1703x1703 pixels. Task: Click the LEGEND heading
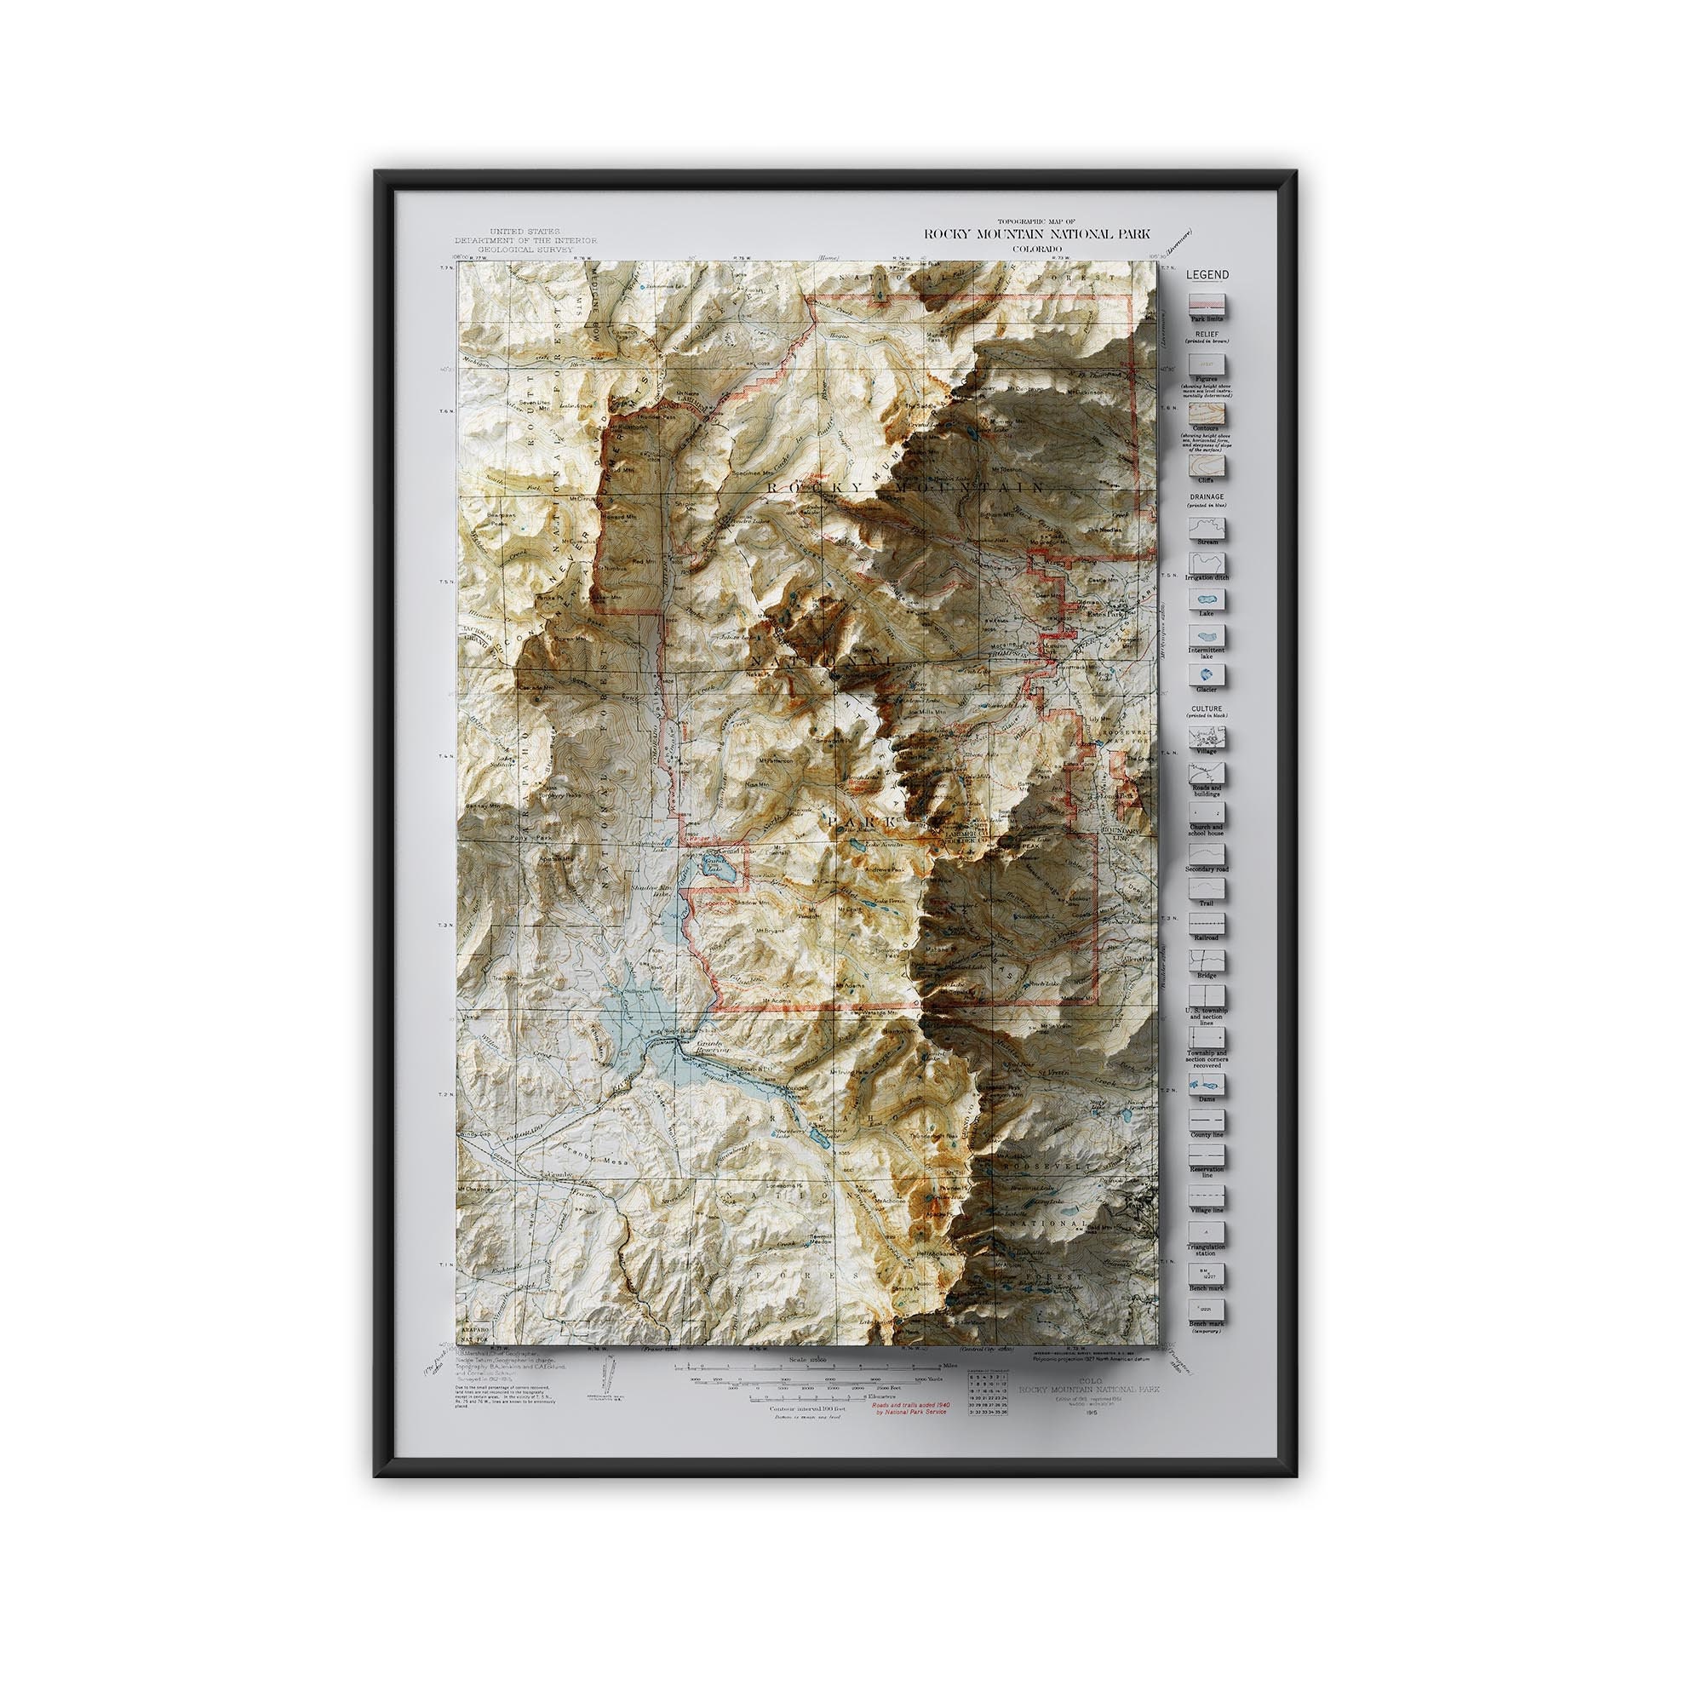coord(1206,275)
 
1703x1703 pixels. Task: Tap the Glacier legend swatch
coord(1207,673)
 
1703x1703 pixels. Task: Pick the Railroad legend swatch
coord(1207,922)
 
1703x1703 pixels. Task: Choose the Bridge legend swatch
coord(1207,959)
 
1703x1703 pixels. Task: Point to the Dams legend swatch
coord(1207,1084)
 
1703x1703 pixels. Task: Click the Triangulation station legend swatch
coord(1207,1230)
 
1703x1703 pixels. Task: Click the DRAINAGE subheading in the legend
coord(1206,496)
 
